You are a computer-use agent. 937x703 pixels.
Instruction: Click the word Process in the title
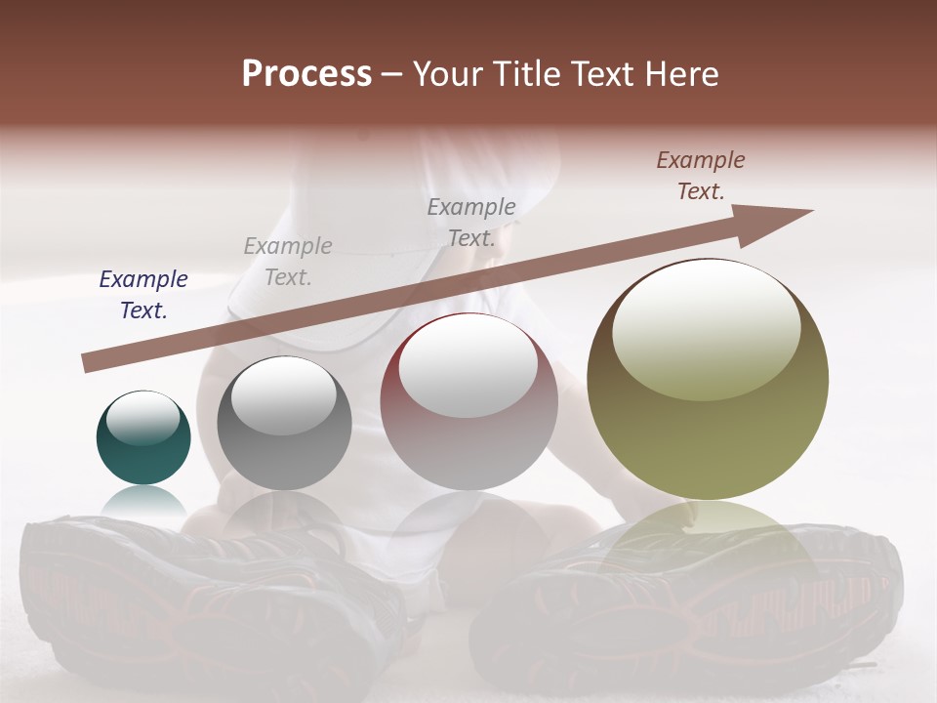coord(306,74)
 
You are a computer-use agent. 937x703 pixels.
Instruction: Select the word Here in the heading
coord(683,74)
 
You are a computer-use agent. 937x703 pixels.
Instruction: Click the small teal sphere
coord(143,438)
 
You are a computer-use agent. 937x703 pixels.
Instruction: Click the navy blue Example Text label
coord(143,295)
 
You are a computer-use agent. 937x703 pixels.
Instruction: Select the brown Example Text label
coord(700,176)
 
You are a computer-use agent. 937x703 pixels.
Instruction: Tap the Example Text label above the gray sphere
coord(288,262)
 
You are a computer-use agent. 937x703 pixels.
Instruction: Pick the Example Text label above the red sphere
coord(471,223)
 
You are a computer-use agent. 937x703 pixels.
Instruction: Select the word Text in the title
coord(604,74)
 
